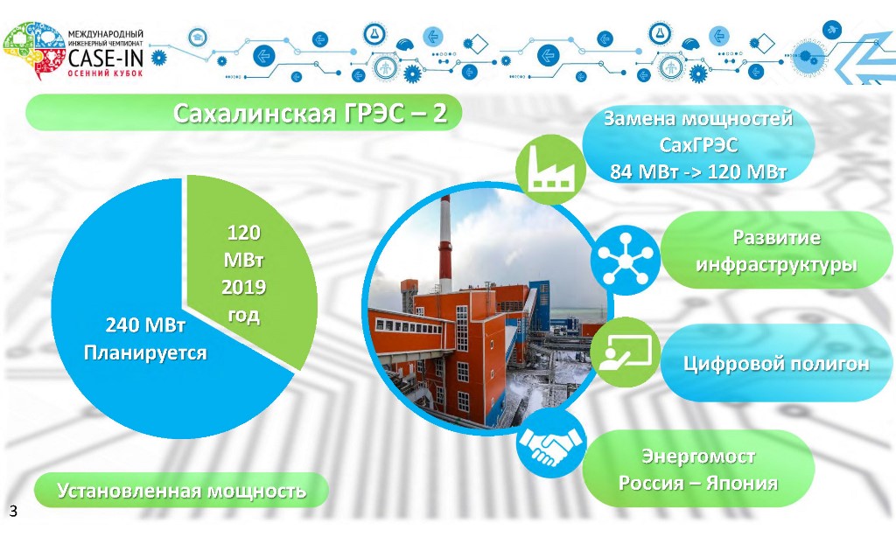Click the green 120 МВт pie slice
[246, 269]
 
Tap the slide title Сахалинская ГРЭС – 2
[310, 113]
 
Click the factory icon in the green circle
[549, 168]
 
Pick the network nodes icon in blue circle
[625, 261]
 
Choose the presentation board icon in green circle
[624, 352]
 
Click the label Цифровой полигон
[776, 364]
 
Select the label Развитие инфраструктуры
[776, 251]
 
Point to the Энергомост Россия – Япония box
[698, 469]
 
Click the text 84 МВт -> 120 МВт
[698, 171]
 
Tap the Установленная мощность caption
[181, 491]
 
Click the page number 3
[13, 510]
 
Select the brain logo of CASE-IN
[34, 50]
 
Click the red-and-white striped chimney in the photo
[444, 243]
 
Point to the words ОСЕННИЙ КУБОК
[105, 73]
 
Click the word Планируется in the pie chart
[145, 352]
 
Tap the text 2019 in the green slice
[244, 287]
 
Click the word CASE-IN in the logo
[105, 58]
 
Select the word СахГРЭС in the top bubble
[698, 144]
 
